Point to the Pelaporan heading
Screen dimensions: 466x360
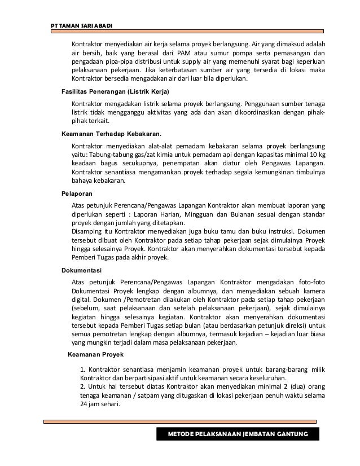click(x=77, y=193)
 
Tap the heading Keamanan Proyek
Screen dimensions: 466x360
click(x=95, y=355)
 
